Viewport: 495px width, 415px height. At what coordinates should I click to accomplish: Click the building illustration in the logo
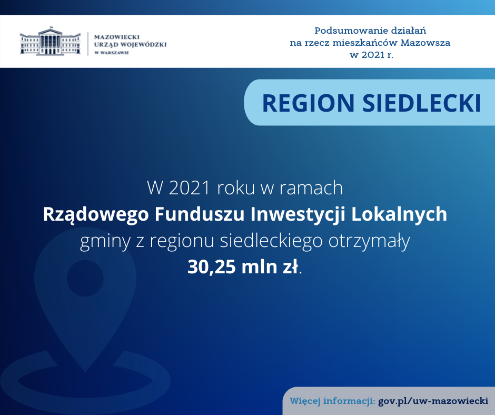(51, 41)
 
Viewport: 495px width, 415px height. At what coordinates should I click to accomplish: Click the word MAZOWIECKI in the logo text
(117, 37)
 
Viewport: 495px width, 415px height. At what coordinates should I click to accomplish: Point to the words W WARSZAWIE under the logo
(112, 53)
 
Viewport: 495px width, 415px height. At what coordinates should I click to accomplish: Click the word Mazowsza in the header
(425, 43)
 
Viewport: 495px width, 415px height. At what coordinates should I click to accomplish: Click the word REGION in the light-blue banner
(309, 103)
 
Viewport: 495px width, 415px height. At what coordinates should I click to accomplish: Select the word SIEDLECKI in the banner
(422, 103)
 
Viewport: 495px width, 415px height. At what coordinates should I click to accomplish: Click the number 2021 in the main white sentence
(190, 188)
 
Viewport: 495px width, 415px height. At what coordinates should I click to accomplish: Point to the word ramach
(311, 188)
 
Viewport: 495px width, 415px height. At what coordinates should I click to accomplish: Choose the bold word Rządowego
(96, 215)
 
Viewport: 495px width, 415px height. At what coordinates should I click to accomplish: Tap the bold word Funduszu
(200, 214)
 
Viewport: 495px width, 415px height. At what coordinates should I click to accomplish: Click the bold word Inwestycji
(298, 215)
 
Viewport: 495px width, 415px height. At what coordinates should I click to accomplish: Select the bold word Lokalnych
(399, 215)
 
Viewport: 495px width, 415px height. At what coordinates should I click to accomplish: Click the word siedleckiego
(271, 242)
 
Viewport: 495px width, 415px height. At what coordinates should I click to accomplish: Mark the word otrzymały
(369, 242)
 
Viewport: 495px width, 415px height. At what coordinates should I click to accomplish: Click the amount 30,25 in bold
(212, 267)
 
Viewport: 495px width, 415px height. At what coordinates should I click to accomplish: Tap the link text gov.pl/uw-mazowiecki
(433, 401)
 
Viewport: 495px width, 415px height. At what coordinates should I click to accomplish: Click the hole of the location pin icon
(85, 278)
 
